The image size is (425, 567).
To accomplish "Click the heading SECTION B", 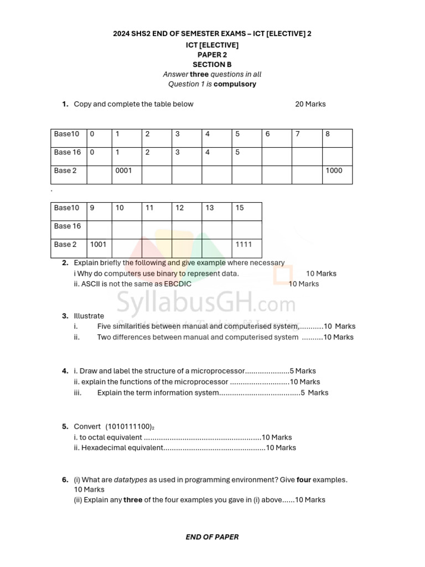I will point(212,64).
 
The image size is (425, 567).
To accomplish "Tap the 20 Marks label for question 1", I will point(310,104).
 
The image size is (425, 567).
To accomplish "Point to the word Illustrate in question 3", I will point(89,316).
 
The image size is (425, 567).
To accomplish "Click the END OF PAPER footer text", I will point(212,537).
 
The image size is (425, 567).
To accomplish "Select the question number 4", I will point(65,371).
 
